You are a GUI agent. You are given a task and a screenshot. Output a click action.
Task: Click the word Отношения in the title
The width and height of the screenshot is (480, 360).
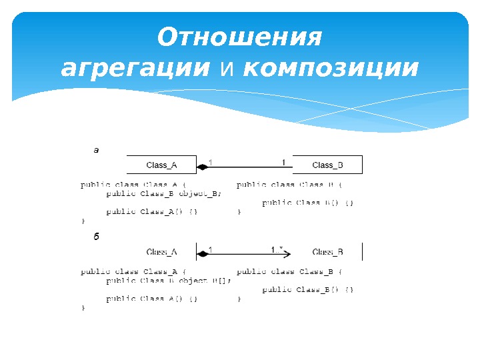point(239,38)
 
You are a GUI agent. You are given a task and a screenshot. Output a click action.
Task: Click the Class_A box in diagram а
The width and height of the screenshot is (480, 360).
point(162,165)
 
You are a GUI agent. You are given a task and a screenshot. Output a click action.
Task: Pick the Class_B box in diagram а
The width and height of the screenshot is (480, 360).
point(327,165)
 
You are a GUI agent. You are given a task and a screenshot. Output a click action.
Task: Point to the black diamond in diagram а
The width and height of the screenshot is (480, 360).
point(202,167)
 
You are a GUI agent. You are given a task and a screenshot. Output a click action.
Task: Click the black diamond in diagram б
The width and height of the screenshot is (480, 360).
point(202,254)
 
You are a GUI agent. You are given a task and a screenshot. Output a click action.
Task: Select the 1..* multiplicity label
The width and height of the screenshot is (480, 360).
point(277,249)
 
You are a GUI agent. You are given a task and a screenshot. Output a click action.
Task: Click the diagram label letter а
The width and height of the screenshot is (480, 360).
point(95,151)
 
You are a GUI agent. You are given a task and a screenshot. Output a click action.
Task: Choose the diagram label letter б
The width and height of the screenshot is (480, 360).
point(95,237)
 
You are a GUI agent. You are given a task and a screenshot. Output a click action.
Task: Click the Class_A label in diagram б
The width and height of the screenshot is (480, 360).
point(161,252)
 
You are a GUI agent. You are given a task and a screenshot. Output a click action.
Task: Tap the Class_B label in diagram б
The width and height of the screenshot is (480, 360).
point(327,252)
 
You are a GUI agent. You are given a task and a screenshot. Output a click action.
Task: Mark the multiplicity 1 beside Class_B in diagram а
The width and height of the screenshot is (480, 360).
point(283,162)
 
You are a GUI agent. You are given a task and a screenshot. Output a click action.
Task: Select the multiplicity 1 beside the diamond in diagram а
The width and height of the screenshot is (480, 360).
point(211,162)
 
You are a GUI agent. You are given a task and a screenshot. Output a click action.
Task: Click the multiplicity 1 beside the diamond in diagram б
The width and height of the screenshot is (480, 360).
point(211,249)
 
